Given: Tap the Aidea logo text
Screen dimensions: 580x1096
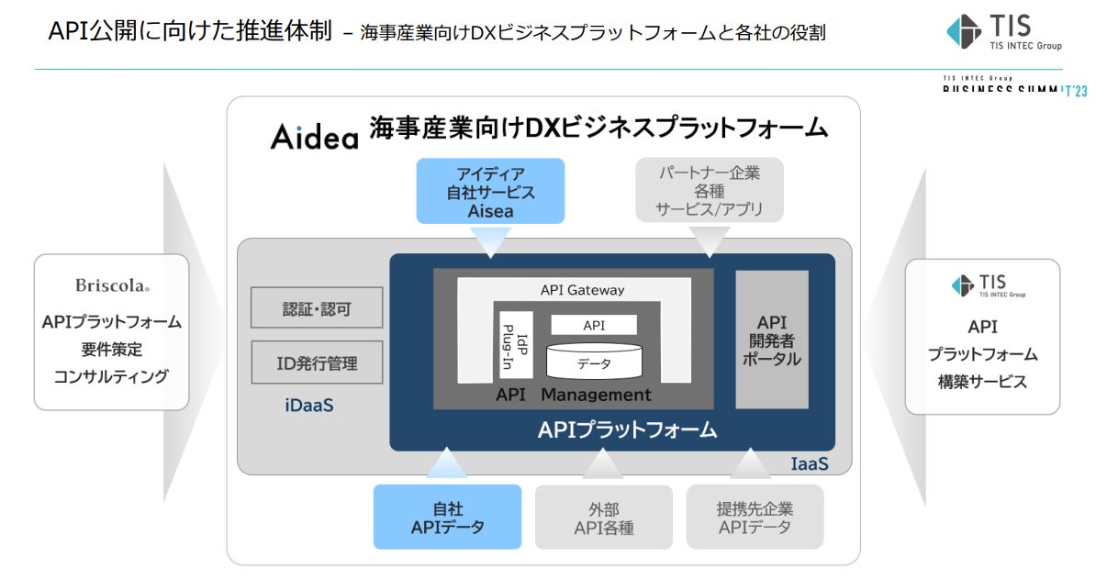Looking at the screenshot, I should pos(314,137).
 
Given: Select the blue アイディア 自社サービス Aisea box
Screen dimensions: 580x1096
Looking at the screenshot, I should pos(490,191).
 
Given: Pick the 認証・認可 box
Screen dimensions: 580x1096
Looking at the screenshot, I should pos(317,308).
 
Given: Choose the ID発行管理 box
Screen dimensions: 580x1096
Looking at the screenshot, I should pos(317,362).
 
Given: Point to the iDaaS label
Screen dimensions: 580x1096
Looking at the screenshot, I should pos(308,405).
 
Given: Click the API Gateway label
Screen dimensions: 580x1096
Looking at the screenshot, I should pos(582,290).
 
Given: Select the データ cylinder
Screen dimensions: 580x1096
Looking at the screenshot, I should pos(594,362).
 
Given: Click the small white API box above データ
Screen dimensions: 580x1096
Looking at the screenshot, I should pos(594,325).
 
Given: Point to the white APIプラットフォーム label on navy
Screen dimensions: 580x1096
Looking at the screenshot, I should pos(627,430).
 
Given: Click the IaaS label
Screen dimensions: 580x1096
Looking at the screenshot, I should pos(809,464).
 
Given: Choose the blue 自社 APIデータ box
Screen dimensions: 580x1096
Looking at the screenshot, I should pos(447,518).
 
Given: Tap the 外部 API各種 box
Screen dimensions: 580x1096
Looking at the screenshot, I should pos(603,518).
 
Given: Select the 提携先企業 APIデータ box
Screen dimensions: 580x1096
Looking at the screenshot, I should pos(755,518).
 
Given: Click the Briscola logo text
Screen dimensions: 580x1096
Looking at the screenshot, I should pos(111,285).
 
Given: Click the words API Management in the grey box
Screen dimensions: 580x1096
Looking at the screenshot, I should pos(573,396).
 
